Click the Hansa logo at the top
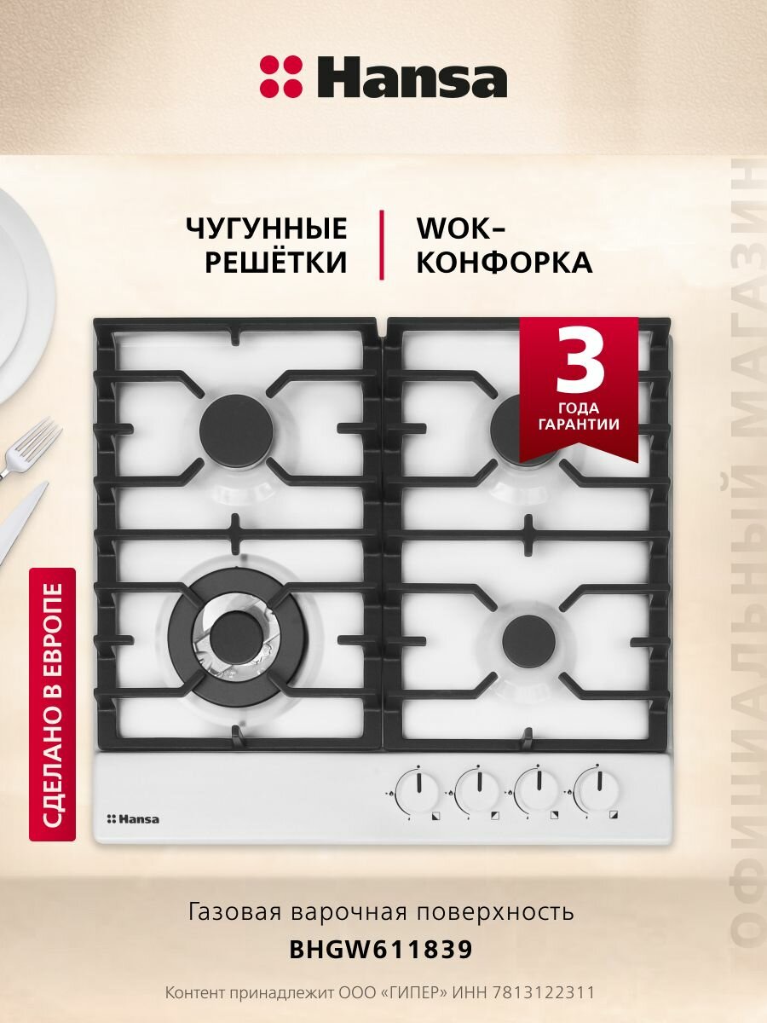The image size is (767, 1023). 383,77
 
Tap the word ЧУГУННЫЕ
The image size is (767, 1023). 267,228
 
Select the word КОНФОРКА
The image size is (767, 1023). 504,263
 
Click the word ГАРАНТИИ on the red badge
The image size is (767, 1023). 579,424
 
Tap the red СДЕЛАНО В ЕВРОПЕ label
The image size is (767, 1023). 53,704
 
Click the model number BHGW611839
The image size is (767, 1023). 381,949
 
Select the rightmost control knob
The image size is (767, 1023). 597,789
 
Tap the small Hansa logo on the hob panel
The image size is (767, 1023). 133,819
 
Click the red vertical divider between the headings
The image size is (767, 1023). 381,245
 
